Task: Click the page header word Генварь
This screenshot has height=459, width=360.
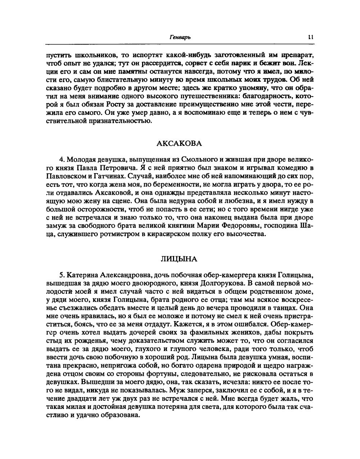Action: pyautogui.click(x=180, y=37)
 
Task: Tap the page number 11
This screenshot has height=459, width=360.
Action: pyautogui.click(x=311, y=37)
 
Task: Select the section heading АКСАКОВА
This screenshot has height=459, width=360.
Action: pyautogui.click(x=179, y=143)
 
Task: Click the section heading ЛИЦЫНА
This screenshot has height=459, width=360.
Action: pyautogui.click(x=179, y=259)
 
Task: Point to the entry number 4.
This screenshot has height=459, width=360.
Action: pyautogui.click(x=61, y=159)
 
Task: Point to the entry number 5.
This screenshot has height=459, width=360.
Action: pyautogui.click(x=61, y=275)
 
